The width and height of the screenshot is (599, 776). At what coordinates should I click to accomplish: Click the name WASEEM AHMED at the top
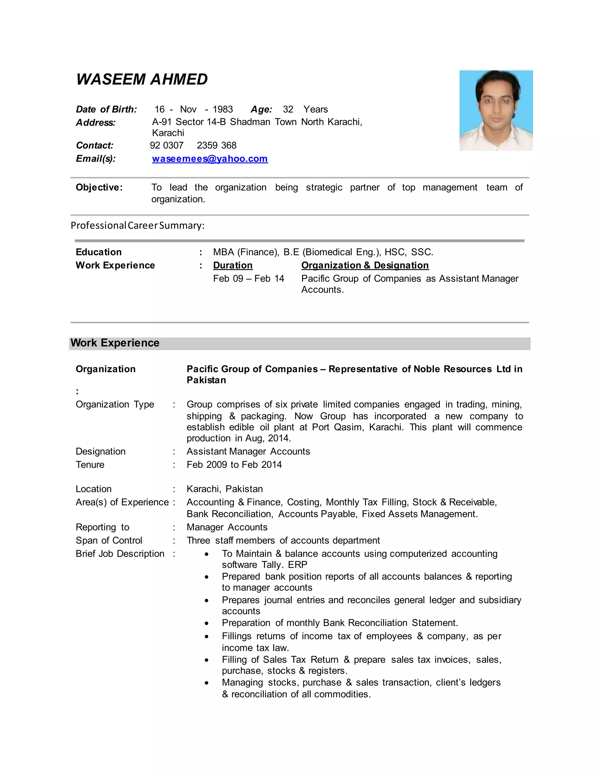coord(142,79)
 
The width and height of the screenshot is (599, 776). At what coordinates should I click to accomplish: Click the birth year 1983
coord(223,109)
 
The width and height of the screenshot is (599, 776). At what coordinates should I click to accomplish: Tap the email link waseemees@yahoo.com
coord(210,158)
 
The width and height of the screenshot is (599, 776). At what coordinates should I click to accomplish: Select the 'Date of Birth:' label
coord(106,109)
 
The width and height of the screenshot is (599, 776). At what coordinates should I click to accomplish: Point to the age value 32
coord(288,109)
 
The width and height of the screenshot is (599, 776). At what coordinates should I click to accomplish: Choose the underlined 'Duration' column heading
coord(233,265)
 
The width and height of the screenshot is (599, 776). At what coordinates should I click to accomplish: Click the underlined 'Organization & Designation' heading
coord(365,265)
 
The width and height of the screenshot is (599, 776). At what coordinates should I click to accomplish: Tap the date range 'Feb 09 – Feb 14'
coord(248,278)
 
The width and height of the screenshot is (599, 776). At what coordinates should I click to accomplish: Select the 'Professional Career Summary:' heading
coord(137,225)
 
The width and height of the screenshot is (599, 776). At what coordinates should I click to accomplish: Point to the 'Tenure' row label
coord(90,464)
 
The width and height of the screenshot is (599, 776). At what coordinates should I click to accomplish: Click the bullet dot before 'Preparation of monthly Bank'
coord(206,623)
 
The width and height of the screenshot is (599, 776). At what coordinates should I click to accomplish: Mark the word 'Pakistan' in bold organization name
coord(206,380)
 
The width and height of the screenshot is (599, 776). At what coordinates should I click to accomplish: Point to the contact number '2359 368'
coord(216,145)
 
